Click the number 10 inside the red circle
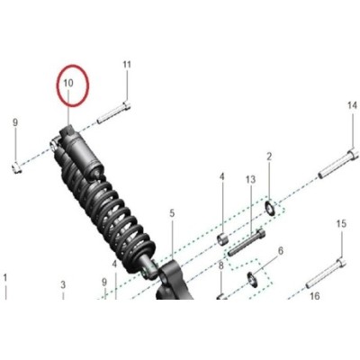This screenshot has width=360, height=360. click(68, 84)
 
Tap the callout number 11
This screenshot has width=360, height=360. click(127, 65)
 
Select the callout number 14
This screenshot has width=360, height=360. click(353, 105)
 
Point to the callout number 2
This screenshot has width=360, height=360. click(269, 157)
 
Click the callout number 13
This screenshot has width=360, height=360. click(250, 180)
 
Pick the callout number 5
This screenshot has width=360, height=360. click(172, 213)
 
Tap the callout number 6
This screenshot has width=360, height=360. click(281, 251)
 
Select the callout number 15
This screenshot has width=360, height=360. click(341, 224)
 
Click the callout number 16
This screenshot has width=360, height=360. click(314, 296)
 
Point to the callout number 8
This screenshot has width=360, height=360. click(221, 265)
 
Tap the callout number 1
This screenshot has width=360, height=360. click(4, 278)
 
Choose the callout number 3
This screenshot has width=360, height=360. click(63, 284)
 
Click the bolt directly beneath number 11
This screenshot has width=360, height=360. click(113, 112)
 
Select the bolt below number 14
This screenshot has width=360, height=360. click(338, 164)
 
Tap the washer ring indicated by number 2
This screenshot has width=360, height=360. click(270, 208)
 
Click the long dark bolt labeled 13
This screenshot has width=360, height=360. click(247, 242)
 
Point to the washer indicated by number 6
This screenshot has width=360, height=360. click(253, 279)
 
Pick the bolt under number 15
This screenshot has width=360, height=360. click(326, 274)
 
